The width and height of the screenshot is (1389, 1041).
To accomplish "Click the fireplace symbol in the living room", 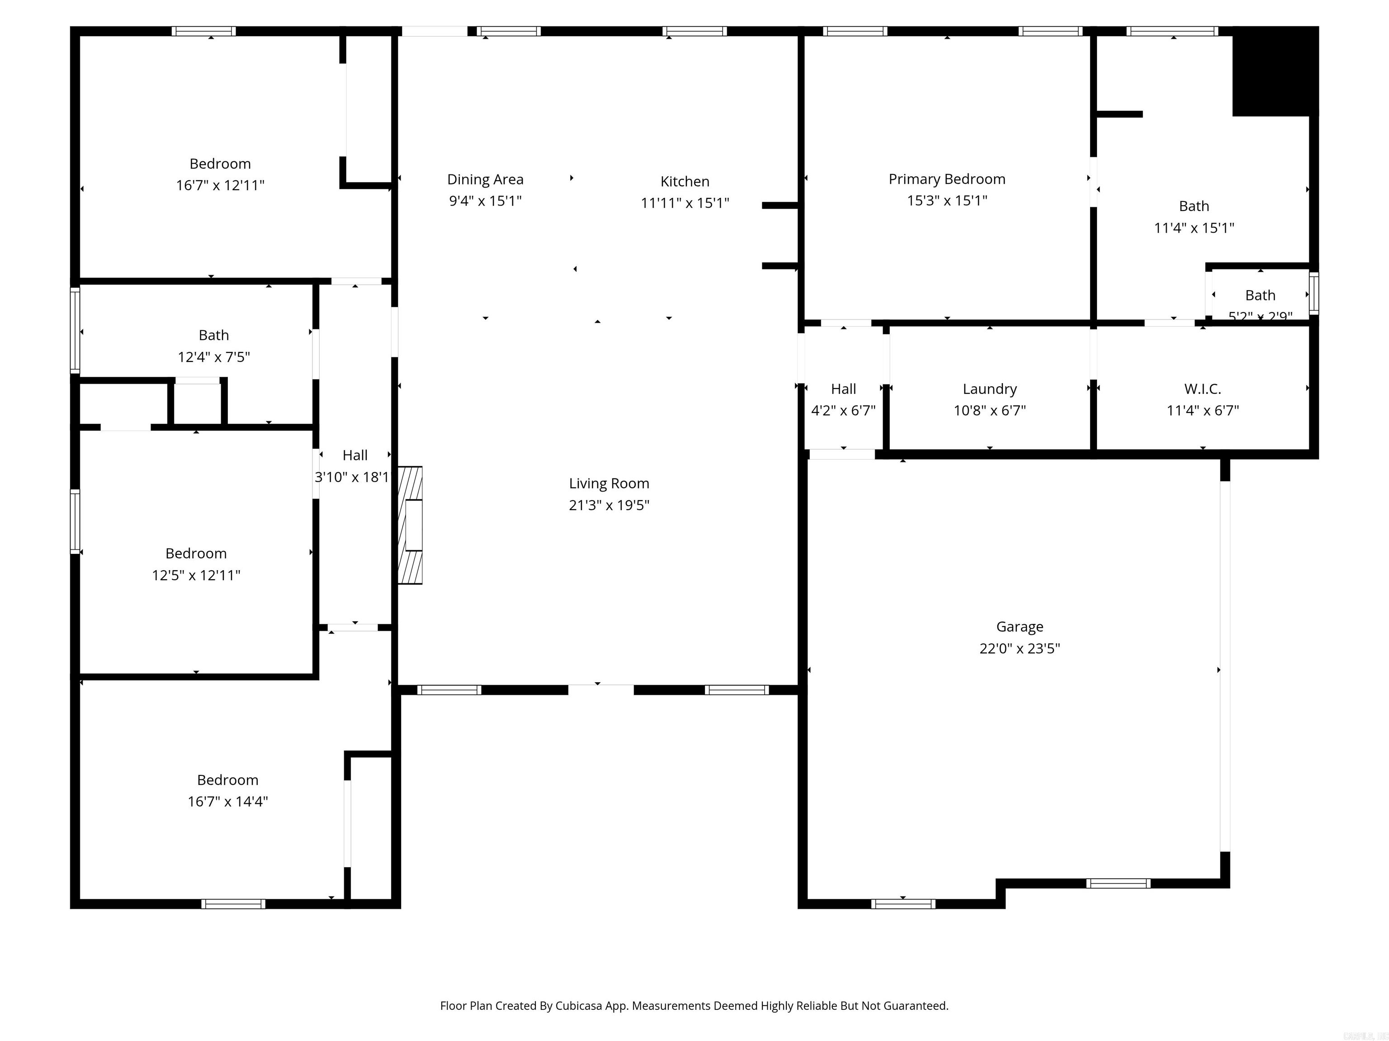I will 410,525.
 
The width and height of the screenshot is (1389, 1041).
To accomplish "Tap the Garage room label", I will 1019,626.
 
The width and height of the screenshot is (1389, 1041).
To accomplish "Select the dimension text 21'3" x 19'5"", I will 609,505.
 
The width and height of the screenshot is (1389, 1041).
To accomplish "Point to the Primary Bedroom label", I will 946,179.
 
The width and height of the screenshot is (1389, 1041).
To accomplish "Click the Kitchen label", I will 685,181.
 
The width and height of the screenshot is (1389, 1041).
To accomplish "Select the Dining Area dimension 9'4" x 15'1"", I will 485,201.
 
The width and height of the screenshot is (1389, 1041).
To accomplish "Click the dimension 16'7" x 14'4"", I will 227,801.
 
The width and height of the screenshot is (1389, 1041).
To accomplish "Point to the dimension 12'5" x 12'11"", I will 196,575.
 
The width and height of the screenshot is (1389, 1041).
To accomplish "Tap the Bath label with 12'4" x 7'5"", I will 213,335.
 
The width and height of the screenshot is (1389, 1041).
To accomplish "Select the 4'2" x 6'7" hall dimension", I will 843,410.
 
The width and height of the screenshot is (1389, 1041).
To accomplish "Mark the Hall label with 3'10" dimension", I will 355,455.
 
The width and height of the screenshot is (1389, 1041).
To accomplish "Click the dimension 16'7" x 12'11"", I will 220,185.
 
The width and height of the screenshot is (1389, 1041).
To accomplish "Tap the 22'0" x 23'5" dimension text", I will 1019,648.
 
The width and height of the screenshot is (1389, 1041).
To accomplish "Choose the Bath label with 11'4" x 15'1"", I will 1193,206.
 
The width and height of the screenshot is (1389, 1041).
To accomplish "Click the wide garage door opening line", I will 1224,665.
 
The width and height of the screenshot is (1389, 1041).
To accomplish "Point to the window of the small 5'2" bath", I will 1313,294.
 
